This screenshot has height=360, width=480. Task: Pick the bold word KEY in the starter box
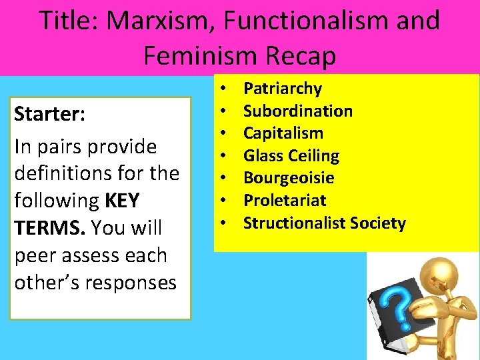pos(120,201)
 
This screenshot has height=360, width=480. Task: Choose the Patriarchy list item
pos(282,89)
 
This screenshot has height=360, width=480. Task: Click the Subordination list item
pos(297,111)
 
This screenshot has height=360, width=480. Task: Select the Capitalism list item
pos(283,133)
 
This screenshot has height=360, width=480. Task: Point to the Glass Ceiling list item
pos(291,156)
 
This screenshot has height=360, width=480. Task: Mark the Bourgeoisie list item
pos(289,178)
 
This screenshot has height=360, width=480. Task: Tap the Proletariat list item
pos(285,201)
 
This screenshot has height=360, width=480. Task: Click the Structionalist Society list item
pos(324,223)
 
